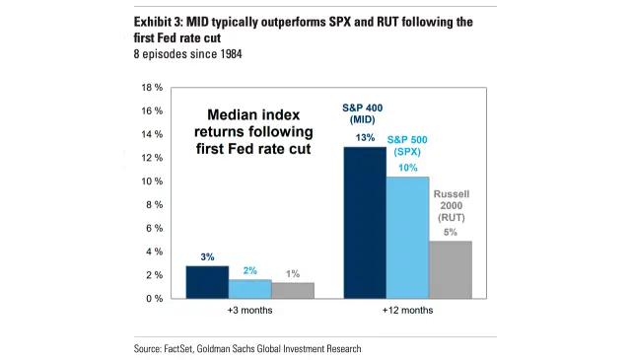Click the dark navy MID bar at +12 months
(364, 223)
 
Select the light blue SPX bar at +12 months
(406, 238)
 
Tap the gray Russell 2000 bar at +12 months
(449, 269)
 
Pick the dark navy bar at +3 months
(207, 282)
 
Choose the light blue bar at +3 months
(249, 288)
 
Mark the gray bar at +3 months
(292, 290)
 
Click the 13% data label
(365, 138)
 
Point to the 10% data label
(407, 168)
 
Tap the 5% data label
(450, 232)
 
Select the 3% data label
(207, 257)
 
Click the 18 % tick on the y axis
(152, 88)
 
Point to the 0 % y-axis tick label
(155, 299)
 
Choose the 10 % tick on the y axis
(152, 181)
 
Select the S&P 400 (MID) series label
(365, 112)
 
